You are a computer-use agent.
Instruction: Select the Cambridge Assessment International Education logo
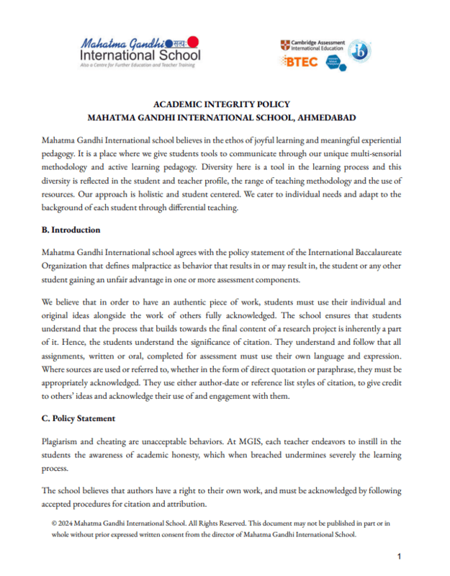[x=312, y=45]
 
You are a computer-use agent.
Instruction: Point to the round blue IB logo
[x=360, y=52]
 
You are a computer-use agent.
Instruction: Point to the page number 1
[x=400, y=557]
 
